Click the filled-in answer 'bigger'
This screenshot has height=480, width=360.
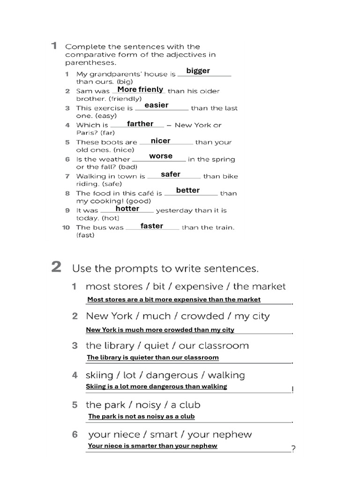coord(198,71)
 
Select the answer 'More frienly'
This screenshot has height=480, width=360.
coord(140,90)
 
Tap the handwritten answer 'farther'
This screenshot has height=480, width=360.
coord(140,124)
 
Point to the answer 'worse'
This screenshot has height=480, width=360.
coord(161,156)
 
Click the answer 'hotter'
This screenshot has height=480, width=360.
coord(127,209)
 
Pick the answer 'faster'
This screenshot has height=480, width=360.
coord(152,226)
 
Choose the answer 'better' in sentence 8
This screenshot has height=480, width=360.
coord(188,190)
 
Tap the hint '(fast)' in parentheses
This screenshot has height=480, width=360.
coord(85,235)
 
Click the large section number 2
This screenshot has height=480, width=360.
coord(56,267)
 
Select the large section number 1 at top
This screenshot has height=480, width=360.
coord(54,45)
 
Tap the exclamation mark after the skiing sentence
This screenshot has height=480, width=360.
coord(292,390)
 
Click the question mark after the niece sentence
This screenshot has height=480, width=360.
coord(293,449)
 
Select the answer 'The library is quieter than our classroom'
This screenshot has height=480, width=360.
coord(153,357)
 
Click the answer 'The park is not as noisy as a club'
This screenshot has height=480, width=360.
coord(142,416)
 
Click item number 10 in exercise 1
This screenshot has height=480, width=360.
coord(66,227)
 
